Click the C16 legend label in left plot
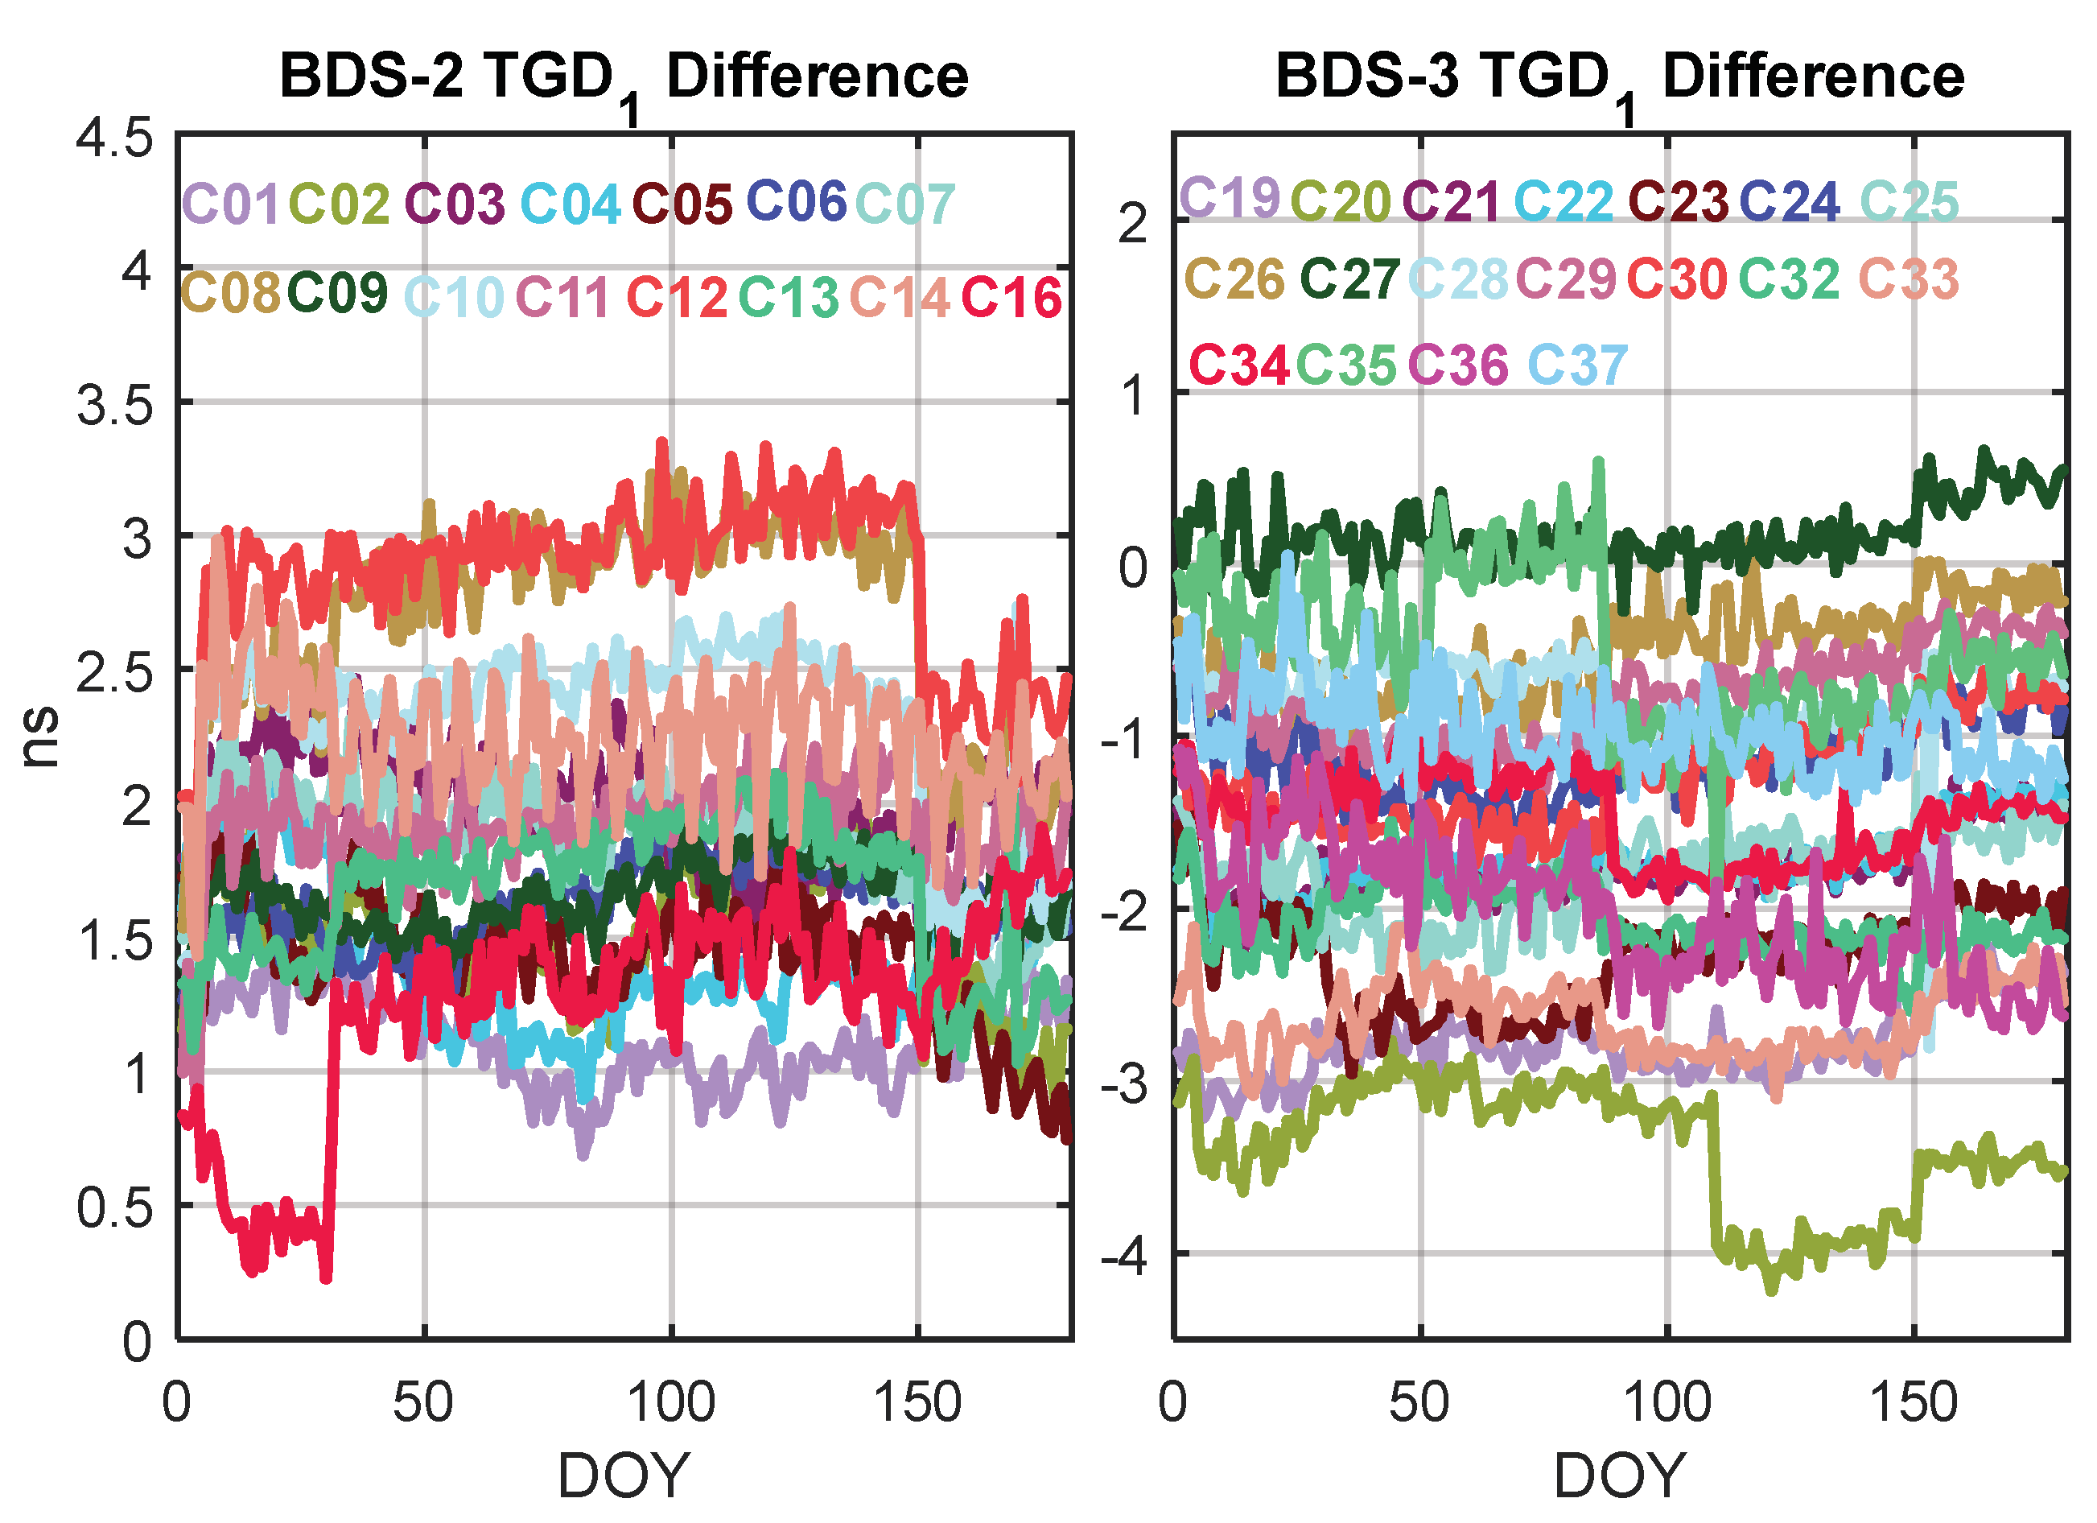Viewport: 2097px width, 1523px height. (x=1011, y=298)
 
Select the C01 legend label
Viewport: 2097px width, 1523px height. (x=230, y=204)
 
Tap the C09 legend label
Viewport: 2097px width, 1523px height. (x=337, y=293)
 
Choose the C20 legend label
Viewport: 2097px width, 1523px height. (x=1340, y=200)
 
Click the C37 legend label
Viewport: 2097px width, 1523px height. (x=1576, y=365)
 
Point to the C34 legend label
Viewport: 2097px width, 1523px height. (x=1238, y=365)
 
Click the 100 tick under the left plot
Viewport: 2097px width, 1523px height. (x=671, y=1403)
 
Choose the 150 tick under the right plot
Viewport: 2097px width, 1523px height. (x=1913, y=1403)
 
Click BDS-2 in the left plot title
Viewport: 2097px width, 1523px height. (x=372, y=76)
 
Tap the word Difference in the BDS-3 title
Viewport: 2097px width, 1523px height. (x=1813, y=76)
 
